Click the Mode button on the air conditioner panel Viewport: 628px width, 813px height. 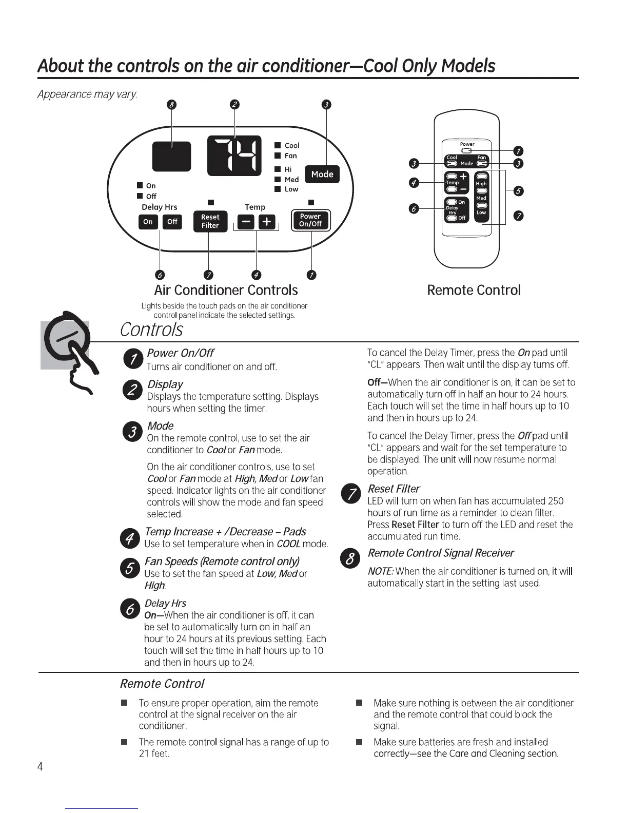tap(322, 175)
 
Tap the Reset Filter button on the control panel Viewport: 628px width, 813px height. tap(210, 221)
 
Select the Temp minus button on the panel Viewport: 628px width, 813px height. tap(246, 222)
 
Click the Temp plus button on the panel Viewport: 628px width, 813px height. tap(266, 222)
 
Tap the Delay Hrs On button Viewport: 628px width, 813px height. tap(148, 222)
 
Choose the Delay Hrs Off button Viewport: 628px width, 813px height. tap(172, 222)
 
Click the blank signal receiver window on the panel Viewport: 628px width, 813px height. tap(171, 157)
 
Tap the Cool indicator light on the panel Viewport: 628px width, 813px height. tap(277, 145)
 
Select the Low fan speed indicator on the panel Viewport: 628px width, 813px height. tap(277, 189)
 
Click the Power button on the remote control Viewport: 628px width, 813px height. tap(467, 150)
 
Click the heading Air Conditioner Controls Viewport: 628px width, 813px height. tap(226, 291)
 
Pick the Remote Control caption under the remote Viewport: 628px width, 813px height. tap(474, 291)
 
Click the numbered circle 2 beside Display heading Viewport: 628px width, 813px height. tap(132, 390)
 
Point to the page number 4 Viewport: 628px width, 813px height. tap(40, 766)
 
